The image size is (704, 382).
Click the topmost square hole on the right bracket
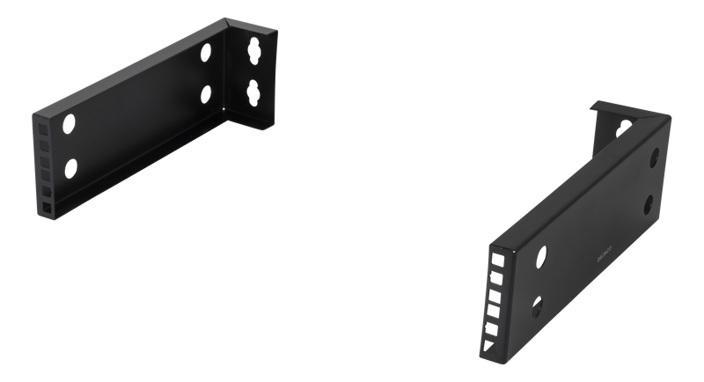coord(498,259)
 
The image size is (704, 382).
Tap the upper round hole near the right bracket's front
coord(541,256)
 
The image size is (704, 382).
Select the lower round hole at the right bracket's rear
coord(649,202)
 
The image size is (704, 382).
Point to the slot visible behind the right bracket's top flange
coord(622,126)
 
